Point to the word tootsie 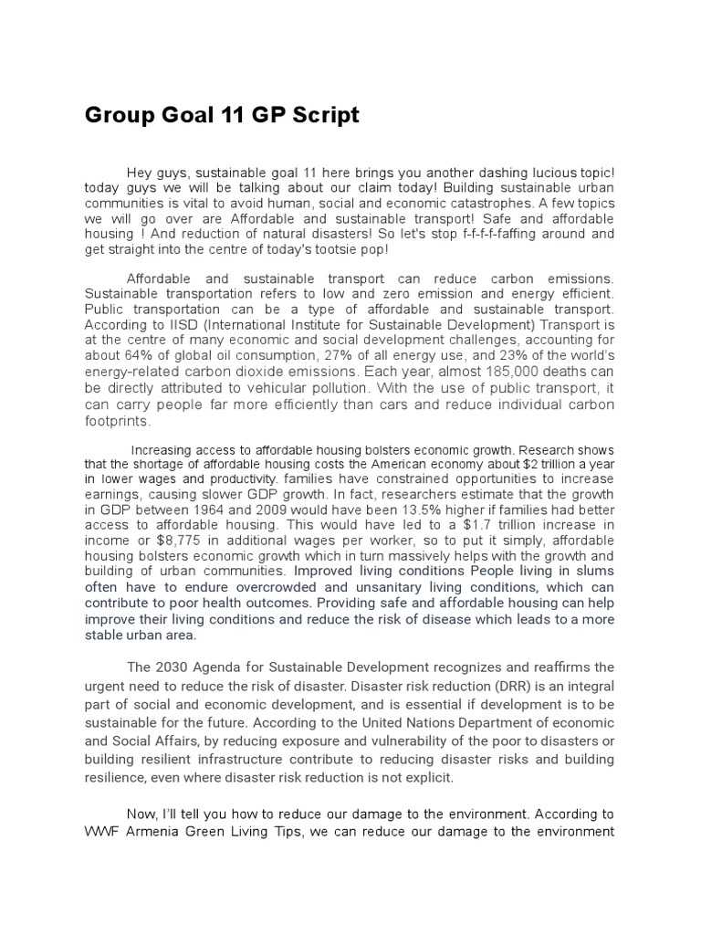pyautogui.click(x=333, y=249)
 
